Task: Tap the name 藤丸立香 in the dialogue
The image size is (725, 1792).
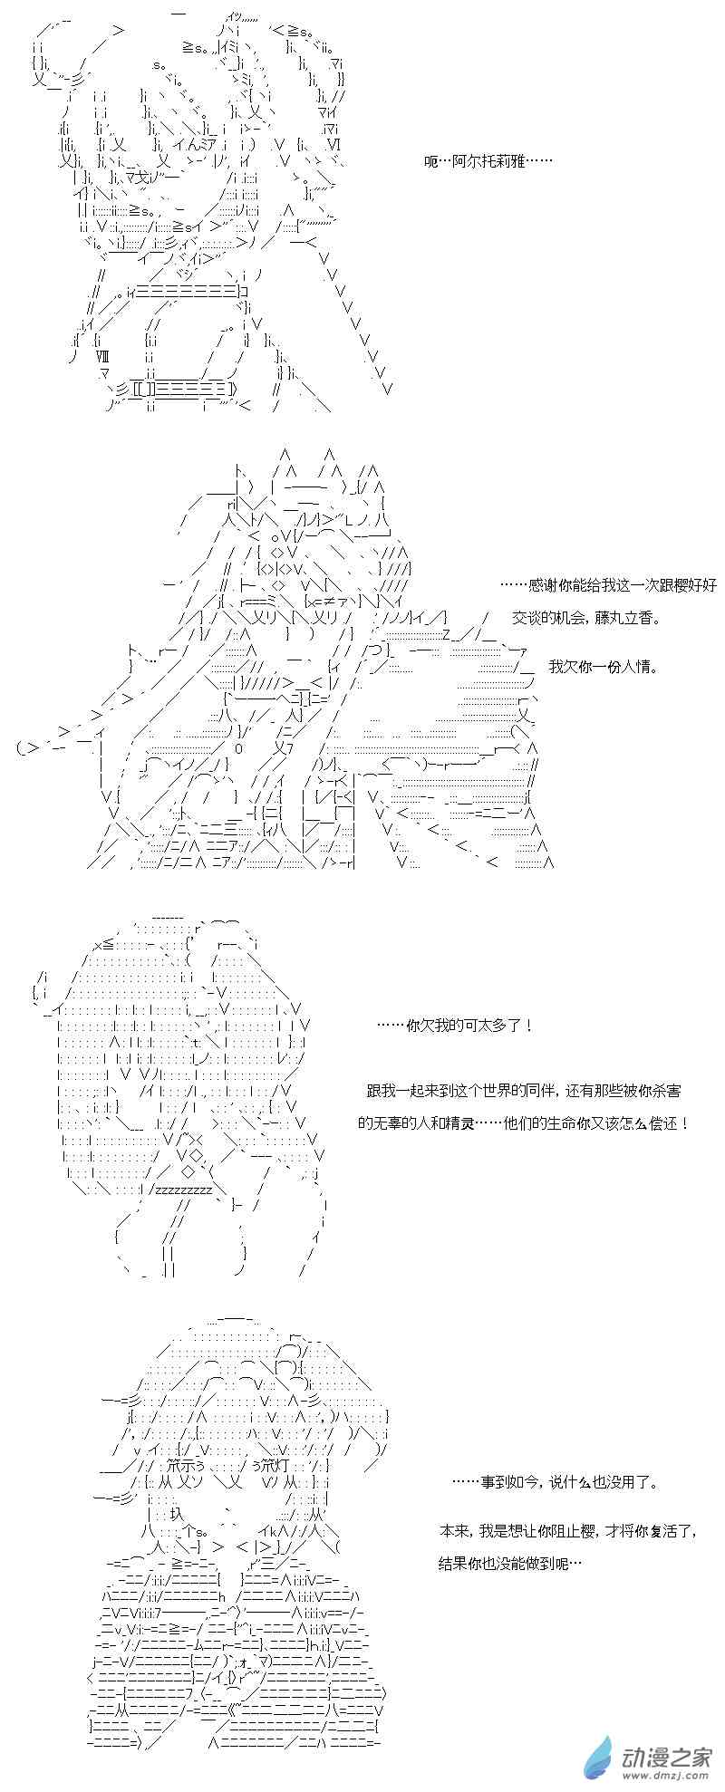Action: (x=626, y=618)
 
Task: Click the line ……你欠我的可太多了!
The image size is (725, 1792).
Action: (x=454, y=1026)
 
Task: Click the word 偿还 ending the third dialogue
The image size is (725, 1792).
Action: (x=665, y=1123)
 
